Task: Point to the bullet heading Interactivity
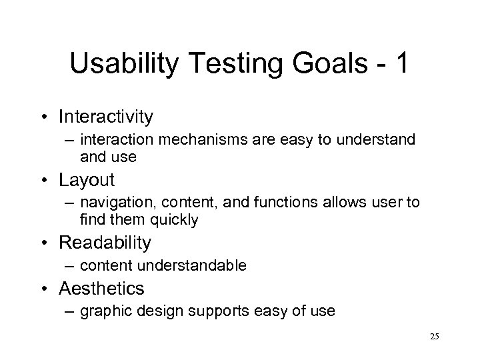(106, 117)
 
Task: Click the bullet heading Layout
(87, 180)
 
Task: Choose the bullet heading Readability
(105, 243)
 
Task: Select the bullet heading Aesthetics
(101, 289)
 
